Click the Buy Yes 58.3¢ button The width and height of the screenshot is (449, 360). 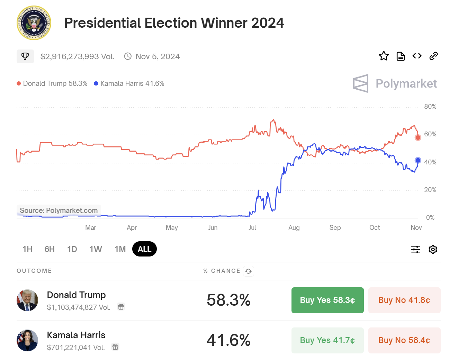[x=327, y=300]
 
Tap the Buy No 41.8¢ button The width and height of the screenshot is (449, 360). [x=404, y=300]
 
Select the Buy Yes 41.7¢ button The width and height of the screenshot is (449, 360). [x=327, y=340]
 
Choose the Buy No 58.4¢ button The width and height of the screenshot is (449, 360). [x=404, y=340]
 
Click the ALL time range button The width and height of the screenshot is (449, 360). [x=144, y=249]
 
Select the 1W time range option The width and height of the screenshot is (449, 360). [x=96, y=249]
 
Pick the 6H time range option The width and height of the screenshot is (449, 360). [x=50, y=249]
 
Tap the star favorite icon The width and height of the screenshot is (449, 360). [x=384, y=56]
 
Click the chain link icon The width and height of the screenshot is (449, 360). [x=433, y=56]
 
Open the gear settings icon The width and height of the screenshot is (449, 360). [x=433, y=249]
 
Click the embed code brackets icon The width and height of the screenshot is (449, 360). [x=417, y=56]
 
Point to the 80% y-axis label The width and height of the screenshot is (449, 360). [x=430, y=107]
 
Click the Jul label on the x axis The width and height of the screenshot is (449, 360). [x=252, y=227]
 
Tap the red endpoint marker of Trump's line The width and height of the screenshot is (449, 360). [x=418, y=137]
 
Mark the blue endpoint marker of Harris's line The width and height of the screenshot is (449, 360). [x=418, y=160]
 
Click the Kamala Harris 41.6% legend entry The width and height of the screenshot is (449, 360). [x=129, y=83]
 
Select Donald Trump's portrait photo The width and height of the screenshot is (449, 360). [x=27, y=300]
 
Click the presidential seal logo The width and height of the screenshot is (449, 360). [x=34, y=23]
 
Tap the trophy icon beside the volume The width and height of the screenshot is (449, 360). [x=25, y=56]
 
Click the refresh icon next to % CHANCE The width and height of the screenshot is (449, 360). [x=249, y=271]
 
